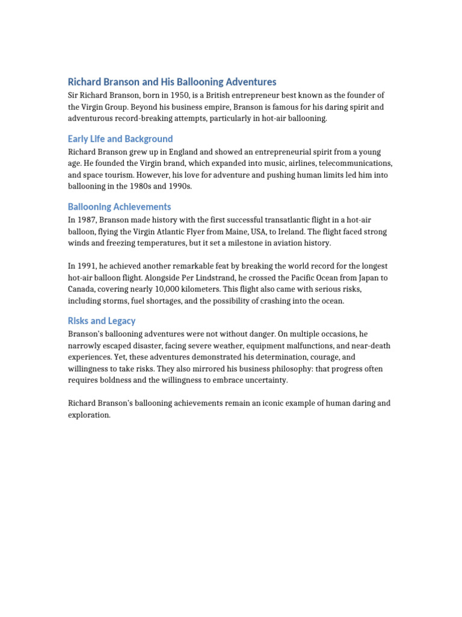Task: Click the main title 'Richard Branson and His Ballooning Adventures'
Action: (172, 81)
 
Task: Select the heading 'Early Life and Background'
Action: (120, 139)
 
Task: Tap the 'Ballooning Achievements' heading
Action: (119, 207)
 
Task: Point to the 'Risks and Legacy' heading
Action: (102, 321)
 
